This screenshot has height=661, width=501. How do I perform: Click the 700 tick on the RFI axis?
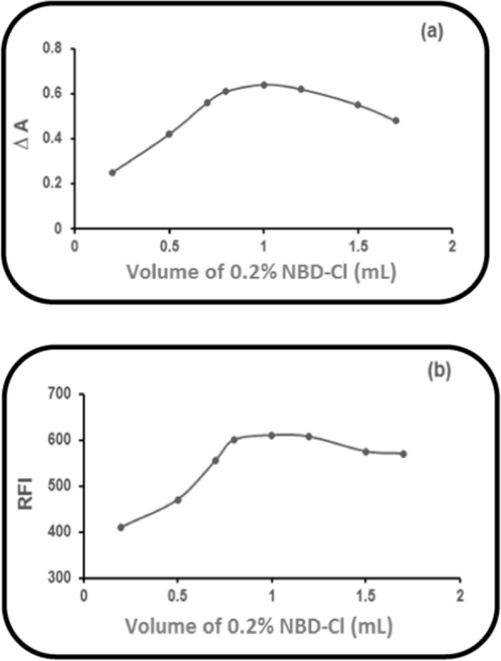(61, 394)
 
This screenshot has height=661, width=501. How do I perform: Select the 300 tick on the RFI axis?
(61, 578)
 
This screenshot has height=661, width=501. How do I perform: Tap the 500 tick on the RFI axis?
(61, 487)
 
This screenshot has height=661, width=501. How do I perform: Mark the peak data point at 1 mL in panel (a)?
(264, 85)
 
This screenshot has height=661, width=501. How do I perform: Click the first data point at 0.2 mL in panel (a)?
(112, 172)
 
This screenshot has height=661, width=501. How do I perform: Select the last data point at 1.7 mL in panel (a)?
(396, 121)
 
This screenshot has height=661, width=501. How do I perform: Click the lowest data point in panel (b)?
(121, 527)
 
